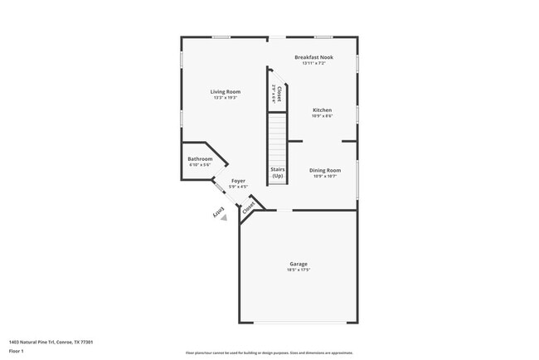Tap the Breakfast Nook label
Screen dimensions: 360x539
pos(313,57)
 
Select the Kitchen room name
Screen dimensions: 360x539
pos(322,110)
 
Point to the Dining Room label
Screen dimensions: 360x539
pos(325,170)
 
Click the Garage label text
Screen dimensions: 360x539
pos(298,265)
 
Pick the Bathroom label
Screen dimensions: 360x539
pos(200,159)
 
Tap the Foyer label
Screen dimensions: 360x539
pos(238,181)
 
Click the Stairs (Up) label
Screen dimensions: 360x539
pos(278,173)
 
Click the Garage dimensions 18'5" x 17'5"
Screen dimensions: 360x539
pos(298,270)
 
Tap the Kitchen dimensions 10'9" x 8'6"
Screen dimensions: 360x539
pos(322,116)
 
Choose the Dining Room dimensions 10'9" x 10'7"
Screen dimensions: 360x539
pos(325,176)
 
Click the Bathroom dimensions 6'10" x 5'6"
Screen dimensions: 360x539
pos(200,165)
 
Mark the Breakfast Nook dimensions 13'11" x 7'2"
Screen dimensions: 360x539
pos(313,63)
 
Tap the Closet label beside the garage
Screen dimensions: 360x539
pos(248,208)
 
